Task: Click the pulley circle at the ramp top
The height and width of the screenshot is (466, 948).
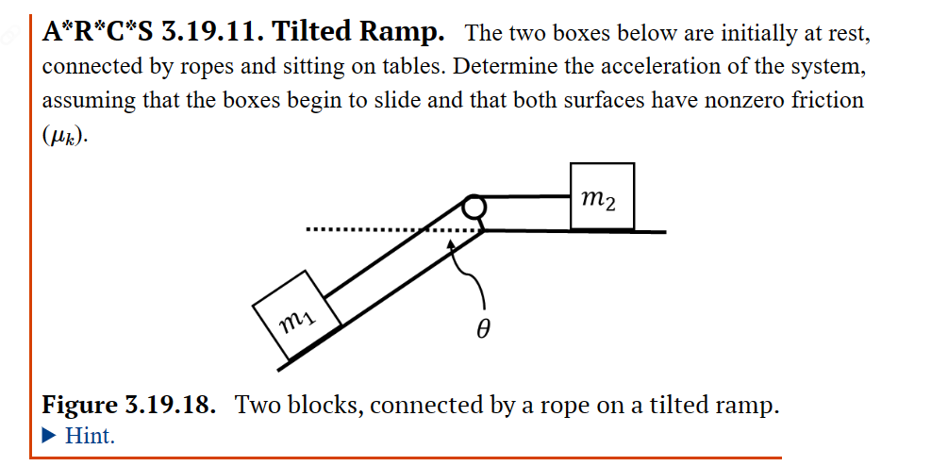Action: point(474,207)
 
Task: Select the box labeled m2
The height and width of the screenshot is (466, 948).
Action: point(602,196)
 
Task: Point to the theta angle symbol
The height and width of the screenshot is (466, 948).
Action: point(483,329)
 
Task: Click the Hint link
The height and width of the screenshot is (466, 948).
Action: point(91,436)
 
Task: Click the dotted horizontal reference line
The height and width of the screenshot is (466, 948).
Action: point(377,230)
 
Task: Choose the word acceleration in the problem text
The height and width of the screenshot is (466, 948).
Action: point(677,68)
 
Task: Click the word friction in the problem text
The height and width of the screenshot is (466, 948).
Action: point(819,100)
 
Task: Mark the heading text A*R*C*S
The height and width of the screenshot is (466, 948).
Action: point(99,33)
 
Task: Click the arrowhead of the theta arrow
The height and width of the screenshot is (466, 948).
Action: point(455,241)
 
